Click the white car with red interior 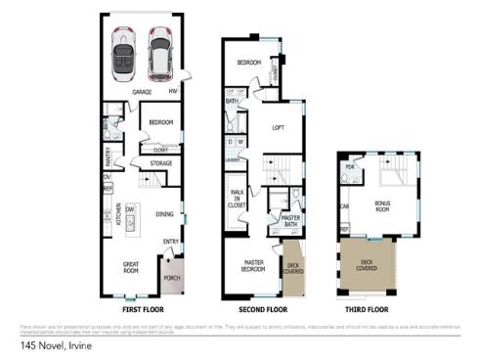(159, 53)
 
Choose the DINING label (164, 215)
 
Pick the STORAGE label (161, 163)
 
